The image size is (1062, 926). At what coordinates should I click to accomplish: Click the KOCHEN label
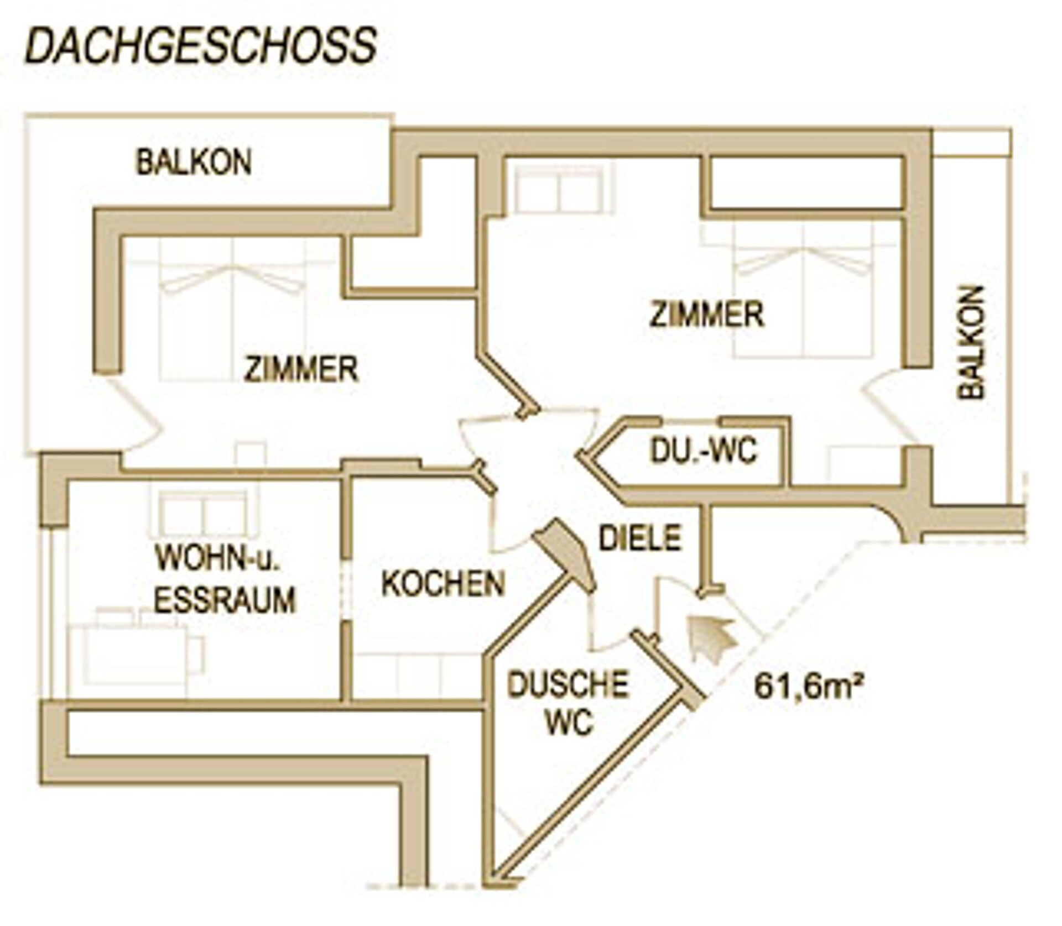click(444, 583)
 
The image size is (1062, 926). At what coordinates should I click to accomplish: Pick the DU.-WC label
click(703, 451)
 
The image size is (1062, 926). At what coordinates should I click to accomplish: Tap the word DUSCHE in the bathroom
click(568, 684)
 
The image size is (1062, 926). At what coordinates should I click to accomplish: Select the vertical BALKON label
click(971, 342)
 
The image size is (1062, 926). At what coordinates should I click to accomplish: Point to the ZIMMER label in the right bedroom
click(707, 314)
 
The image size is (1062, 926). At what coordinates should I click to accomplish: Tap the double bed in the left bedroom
click(232, 310)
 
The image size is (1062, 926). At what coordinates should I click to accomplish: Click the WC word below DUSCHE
click(569, 721)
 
